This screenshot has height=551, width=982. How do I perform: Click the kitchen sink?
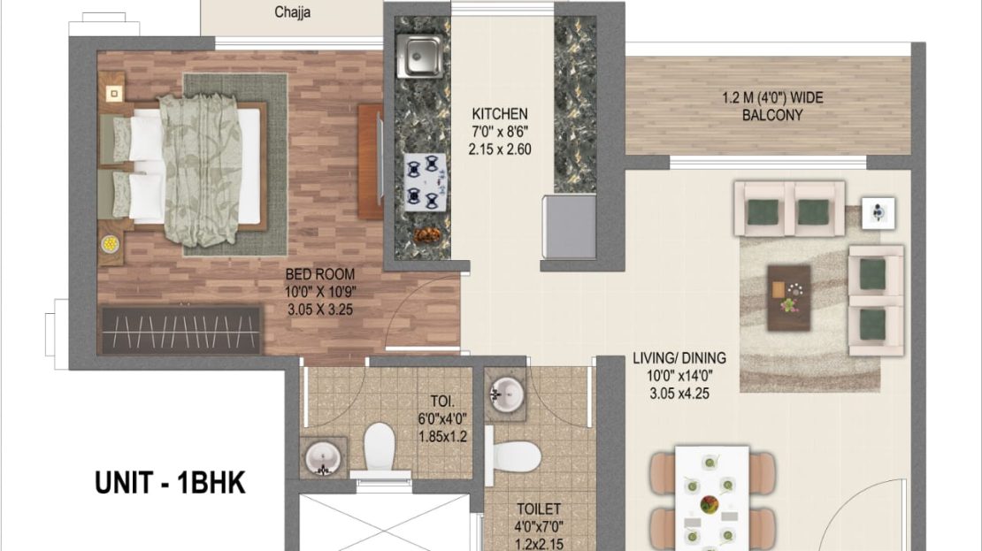tap(419, 56)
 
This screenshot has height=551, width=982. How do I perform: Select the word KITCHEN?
tap(500, 114)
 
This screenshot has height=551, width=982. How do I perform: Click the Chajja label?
tap(293, 11)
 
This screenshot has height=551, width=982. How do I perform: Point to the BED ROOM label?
tap(320, 274)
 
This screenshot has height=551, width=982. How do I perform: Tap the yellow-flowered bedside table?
tap(111, 244)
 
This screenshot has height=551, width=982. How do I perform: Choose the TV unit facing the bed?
tap(371, 162)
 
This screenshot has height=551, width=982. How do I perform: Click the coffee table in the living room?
tap(789, 297)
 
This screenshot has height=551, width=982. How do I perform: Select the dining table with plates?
tap(712, 498)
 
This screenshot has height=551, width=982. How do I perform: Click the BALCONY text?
tap(772, 115)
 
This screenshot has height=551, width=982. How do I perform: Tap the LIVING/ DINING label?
tap(679, 358)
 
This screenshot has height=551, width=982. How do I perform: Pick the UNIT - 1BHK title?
tap(170, 483)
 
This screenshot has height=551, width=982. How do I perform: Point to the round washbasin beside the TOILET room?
tap(507, 395)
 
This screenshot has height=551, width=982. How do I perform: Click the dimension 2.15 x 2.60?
tap(500, 149)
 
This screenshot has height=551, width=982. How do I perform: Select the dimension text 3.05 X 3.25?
tap(320, 310)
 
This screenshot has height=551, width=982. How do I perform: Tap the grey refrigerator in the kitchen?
tap(569, 226)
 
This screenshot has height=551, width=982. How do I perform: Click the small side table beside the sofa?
tap(878, 213)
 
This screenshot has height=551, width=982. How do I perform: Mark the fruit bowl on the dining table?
tap(710, 505)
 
